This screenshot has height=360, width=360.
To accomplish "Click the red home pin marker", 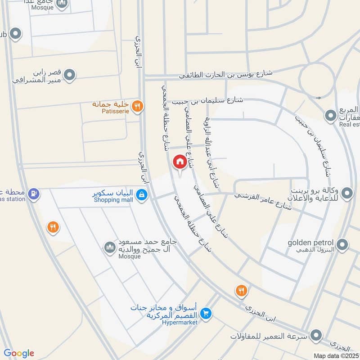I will (x=180, y=162).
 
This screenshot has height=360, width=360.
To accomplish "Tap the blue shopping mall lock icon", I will (x=141, y=195).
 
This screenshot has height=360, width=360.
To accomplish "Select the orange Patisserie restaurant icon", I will (x=138, y=106).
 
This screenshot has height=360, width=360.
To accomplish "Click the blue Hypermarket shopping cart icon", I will (x=206, y=312).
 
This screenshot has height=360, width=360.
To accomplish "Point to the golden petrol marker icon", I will (x=343, y=245).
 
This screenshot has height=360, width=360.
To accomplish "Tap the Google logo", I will (x=18, y=353).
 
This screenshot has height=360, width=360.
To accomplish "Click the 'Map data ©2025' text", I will (x=335, y=355).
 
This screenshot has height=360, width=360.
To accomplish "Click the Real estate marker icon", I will (x=331, y=117).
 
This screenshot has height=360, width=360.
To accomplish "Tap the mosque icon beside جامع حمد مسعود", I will (x=110, y=247).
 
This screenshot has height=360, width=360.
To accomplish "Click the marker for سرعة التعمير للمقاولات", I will (x=317, y=335).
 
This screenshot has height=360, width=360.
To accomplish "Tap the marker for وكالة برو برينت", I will (x=347, y=194).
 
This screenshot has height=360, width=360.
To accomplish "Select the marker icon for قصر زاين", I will (x=69, y=75).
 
